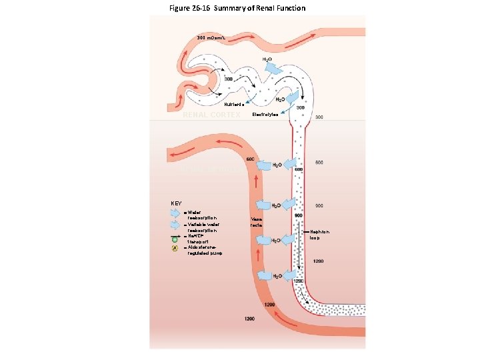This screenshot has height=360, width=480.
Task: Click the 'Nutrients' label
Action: coord(234,105)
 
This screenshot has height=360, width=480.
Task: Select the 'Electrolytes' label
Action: coord(265,115)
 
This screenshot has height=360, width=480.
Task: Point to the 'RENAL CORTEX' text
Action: coord(211,115)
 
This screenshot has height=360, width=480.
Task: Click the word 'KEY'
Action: coord(176,203)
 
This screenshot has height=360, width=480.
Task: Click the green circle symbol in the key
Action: coord(175,238)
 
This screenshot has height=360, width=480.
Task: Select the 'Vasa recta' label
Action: coord(257,222)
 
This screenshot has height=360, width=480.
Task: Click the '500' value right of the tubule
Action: coord(319,163)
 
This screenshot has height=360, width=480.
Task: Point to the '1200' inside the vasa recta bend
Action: coord(269,305)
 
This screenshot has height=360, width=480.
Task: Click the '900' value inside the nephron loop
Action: coord(299,215)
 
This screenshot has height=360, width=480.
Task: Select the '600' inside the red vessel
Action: coord(250,159)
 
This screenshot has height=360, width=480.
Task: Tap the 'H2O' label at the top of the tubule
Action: coord(267,59)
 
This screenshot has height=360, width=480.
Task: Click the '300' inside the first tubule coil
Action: coord(228,79)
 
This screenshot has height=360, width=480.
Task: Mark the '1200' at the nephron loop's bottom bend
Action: coord(299,281)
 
